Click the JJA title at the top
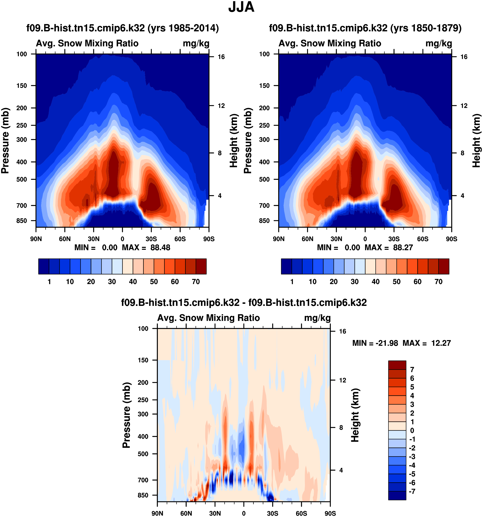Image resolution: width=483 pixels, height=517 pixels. pos(241,7)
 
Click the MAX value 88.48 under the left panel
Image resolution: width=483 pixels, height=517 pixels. pos(160,247)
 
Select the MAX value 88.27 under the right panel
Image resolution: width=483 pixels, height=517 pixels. pos(403,247)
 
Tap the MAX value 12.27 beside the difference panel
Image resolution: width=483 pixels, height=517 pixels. pos(441,343)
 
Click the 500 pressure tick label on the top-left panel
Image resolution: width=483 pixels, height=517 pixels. pos(22,179)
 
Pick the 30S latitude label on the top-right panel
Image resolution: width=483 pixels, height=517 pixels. pos(394,239)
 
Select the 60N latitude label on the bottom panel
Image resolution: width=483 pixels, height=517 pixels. pos(186,513)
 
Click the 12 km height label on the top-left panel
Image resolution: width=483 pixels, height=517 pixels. pos(221,106)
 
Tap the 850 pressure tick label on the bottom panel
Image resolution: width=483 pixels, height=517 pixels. pos(143,495)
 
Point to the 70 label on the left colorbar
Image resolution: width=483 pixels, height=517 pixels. pos(196,282)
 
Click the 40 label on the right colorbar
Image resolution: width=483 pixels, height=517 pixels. pos(375,282)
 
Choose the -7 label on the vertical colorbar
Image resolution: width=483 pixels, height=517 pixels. pos(412,492)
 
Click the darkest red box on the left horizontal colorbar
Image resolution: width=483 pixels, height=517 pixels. pos(201,266)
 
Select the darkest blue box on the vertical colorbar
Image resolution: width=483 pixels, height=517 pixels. pos(397,495)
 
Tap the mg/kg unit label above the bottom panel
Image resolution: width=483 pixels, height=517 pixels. pos(317,318)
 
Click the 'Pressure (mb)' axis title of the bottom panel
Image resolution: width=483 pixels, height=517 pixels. pos(126,415)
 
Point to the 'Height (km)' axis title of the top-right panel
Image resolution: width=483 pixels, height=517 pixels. pos(477,141)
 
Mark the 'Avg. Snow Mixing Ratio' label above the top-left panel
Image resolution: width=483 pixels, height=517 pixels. pos(87,43)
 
